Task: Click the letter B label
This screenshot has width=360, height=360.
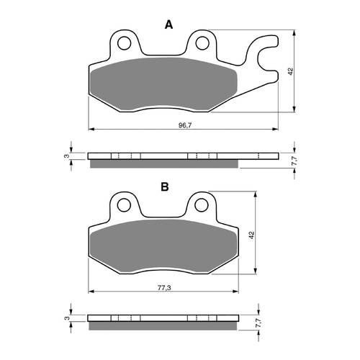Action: pos(165,186)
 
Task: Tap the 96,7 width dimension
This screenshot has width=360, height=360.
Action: pos(184,125)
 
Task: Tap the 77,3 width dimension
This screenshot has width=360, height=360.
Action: pos(163,287)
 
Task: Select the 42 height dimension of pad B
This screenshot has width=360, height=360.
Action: pos(251,234)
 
